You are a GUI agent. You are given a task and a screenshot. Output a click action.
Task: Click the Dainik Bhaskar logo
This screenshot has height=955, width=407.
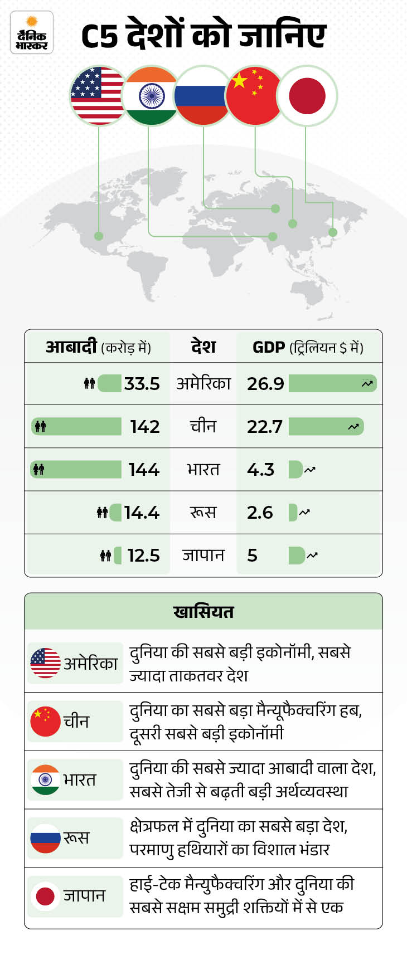(32, 33)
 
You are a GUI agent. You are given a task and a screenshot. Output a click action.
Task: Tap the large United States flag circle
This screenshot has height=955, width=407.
(99, 96)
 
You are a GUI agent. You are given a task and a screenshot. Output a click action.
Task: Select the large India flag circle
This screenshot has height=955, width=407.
(151, 96)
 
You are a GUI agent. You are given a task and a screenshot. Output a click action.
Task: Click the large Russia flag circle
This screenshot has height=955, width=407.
(202, 96)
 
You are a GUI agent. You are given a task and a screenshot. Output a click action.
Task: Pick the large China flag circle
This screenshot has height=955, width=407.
(254, 96)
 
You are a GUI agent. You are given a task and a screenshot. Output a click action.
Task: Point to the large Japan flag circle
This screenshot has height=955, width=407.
(307, 96)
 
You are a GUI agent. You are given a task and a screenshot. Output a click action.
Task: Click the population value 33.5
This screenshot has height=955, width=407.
(142, 384)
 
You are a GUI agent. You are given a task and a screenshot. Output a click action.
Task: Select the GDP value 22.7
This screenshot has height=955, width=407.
(265, 427)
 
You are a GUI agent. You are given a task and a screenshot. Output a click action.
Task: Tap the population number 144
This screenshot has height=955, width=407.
(144, 470)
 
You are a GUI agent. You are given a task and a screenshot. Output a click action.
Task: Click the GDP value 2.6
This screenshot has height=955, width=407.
(260, 513)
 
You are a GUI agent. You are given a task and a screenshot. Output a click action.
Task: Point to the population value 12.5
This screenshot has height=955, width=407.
(143, 556)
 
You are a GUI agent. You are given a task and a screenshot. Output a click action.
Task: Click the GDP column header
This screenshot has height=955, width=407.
(308, 348)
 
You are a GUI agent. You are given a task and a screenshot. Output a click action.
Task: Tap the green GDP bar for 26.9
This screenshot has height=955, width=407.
(332, 383)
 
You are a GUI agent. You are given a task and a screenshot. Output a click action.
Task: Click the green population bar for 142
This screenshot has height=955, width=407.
(77, 427)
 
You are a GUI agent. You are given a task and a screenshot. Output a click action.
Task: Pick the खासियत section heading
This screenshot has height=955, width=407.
(203, 612)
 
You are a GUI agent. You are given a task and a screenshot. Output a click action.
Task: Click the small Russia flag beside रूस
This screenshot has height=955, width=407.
(45, 837)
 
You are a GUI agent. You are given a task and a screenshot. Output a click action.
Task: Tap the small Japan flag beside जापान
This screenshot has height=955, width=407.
(45, 895)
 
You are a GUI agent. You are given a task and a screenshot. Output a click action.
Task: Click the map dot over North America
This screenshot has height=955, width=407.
(99, 236)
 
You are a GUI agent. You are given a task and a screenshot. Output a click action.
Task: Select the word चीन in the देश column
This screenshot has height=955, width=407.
(203, 427)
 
